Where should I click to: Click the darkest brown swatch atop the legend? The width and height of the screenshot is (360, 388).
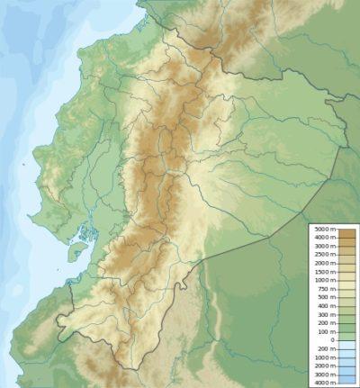pos(346,231)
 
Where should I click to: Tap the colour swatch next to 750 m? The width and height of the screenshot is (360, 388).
pos(346,289)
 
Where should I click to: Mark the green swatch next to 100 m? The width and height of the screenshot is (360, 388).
pos(346,331)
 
